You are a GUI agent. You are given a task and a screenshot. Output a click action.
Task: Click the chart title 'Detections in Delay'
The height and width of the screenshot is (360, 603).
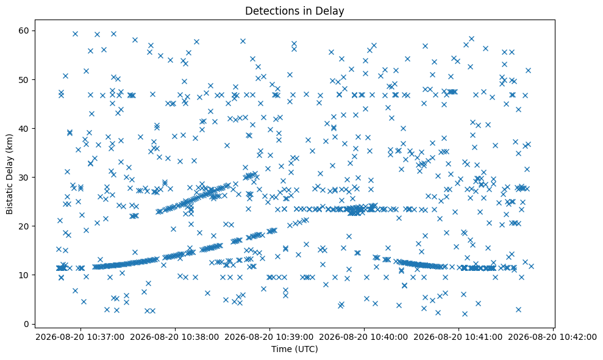click(x=294, y=11)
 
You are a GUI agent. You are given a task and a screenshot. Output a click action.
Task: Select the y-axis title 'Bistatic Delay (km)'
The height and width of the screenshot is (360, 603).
click(x=9, y=174)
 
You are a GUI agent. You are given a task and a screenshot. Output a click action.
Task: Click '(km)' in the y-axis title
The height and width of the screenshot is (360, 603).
click(x=9, y=143)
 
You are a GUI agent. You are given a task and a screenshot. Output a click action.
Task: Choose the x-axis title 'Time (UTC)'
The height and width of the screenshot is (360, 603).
click(x=294, y=349)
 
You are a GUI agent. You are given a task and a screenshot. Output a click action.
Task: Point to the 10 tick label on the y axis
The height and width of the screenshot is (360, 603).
click(x=26, y=275)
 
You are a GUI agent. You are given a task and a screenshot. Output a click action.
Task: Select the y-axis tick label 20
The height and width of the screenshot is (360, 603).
click(x=26, y=226)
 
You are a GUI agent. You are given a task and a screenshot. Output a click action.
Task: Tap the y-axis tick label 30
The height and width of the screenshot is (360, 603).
click(x=26, y=177)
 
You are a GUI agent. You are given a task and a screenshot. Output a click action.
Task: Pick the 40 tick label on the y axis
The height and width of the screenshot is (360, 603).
click(x=26, y=128)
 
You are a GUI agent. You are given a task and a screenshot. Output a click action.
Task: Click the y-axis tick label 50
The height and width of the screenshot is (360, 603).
click(x=26, y=79)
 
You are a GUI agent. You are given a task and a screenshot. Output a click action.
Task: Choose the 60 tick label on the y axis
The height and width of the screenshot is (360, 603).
click(x=26, y=31)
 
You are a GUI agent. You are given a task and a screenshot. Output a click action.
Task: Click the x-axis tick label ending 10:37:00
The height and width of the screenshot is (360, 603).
click(x=80, y=337)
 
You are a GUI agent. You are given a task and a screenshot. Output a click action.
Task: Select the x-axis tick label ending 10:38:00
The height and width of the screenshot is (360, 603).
click(x=175, y=337)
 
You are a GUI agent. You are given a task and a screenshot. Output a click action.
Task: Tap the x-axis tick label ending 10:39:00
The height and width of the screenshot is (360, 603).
click(x=269, y=337)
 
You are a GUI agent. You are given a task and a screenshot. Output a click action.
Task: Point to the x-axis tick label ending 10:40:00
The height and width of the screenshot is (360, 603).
click(x=364, y=337)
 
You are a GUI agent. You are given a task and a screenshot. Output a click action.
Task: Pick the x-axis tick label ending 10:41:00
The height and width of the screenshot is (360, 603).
click(x=458, y=337)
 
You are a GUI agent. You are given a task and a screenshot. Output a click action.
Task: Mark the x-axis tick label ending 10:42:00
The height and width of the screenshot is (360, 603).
click(x=553, y=337)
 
